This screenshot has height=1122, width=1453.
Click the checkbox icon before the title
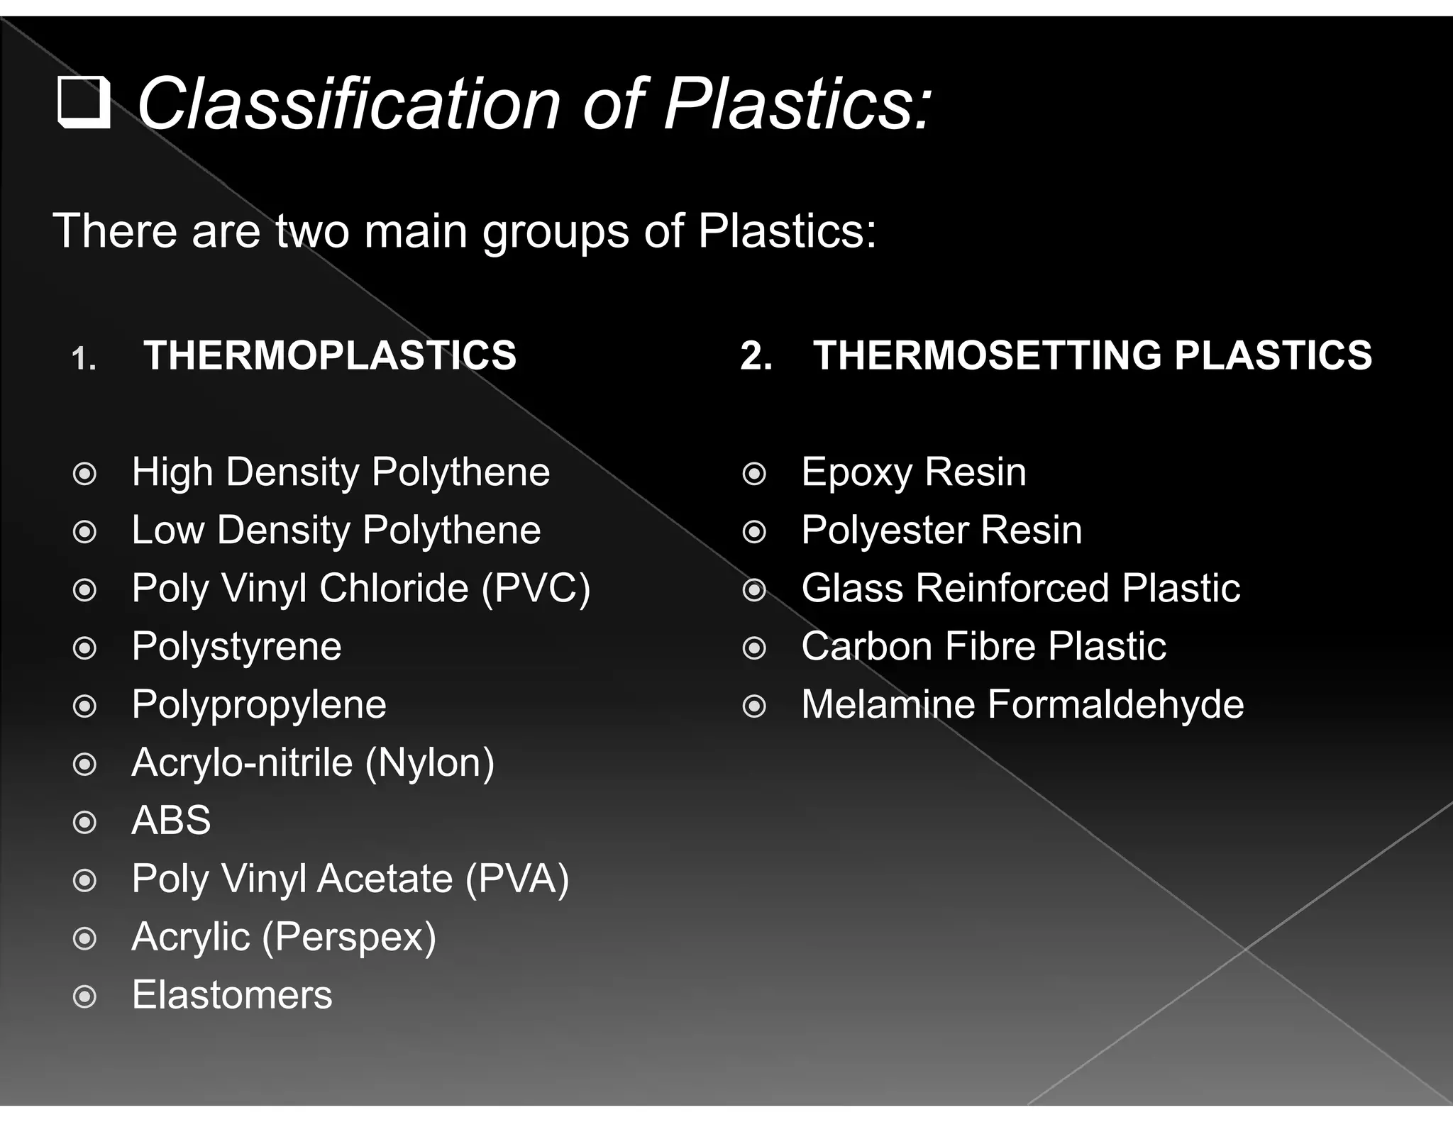pos(84,102)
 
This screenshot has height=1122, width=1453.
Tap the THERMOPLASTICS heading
pos(330,355)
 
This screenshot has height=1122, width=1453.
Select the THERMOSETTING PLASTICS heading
pos(1092,355)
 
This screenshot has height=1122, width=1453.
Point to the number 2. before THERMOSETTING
pos(756,356)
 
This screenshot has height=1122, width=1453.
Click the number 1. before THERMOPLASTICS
pos(84,358)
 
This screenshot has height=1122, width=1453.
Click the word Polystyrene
pos(236,647)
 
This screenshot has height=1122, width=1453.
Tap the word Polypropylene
pos(259,705)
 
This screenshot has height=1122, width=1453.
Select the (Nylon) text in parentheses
pos(430,763)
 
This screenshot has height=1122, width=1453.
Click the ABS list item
pos(171,821)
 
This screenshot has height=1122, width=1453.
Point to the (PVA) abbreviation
pos(517,879)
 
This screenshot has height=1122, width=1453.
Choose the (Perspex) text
pos(349,938)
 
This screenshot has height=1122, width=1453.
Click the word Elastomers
pos(232,995)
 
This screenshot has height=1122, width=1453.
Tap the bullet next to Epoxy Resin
pos(754,474)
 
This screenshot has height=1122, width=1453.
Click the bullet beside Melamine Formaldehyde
pos(754,706)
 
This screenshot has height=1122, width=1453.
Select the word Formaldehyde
pos(1115,704)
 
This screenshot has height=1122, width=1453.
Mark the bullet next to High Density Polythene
pos(85,474)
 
